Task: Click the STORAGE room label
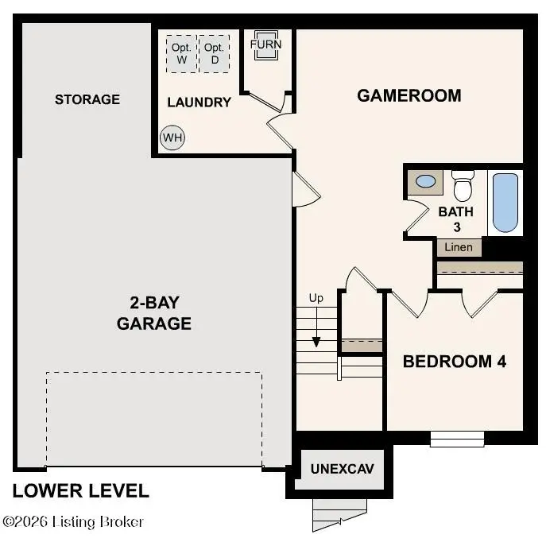click(87, 99)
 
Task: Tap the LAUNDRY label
click(199, 102)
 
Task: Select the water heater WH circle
click(172, 137)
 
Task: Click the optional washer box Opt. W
click(180, 52)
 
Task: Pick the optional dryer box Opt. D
click(213, 52)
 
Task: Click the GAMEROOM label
click(409, 95)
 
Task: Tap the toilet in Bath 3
click(462, 187)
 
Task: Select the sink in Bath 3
click(426, 181)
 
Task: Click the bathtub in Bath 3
click(505, 203)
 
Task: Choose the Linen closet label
click(459, 247)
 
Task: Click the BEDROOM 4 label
click(455, 362)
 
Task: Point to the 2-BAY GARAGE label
click(154, 313)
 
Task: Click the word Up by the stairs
click(316, 298)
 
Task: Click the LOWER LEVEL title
click(80, 490)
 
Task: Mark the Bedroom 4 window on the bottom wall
click(457, 438)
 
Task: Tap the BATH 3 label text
click(456, 219)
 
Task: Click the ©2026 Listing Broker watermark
click(73, 522)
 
